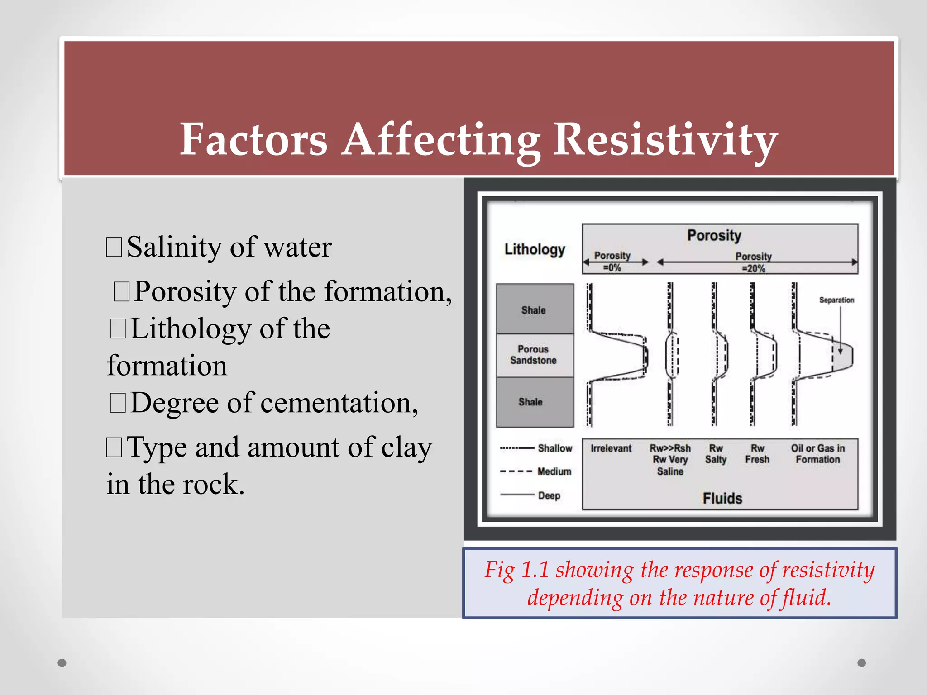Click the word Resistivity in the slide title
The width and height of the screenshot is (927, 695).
click(x=665, y=140)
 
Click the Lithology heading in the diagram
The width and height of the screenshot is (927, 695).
click(x=535, y=249)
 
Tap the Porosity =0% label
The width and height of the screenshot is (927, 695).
click(x=612, y=262)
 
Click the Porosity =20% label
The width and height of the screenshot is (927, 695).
click(x=753, y=262)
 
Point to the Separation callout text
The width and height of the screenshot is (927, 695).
click(x=836, y=300)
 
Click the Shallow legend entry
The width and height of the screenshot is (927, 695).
click(x=554, y=448)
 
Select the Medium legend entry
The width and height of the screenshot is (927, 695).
click(x=554, y=471)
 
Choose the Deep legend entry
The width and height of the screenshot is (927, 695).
click(x=549, y=495)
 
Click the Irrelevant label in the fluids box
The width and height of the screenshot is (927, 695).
click(x=611, y=448)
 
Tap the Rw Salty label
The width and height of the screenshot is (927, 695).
click(x=716, y=454)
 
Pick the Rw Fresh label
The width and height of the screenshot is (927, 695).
click(x=757, y=454)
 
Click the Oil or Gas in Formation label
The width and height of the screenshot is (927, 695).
click(x=817, y=454)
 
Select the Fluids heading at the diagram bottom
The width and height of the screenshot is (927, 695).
click(x=722, y=498)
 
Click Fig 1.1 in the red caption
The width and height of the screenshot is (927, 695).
click(x=516, y=570)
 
